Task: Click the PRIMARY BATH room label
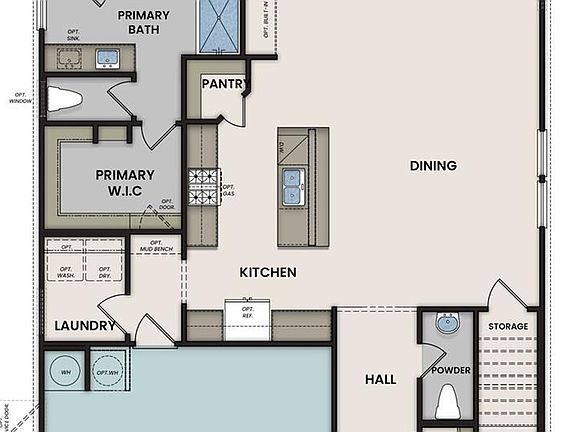click(x=143, y=23)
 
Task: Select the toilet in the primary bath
click(x=64, y=100)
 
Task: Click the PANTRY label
click(x=223, y=84)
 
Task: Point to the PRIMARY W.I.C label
click(x=125, y=182)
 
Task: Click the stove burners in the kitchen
click(x=203, y=187)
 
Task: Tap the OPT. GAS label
click(x=228, y=192)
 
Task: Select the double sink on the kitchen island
click(x=292, y=185)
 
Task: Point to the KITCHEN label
click(x=267, y=272)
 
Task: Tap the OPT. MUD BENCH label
click(x=156, y=247)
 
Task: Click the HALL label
click(x=380, y=379)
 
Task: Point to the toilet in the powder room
click(x=448, y=402)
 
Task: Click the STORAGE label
click(x=508, y=327)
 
